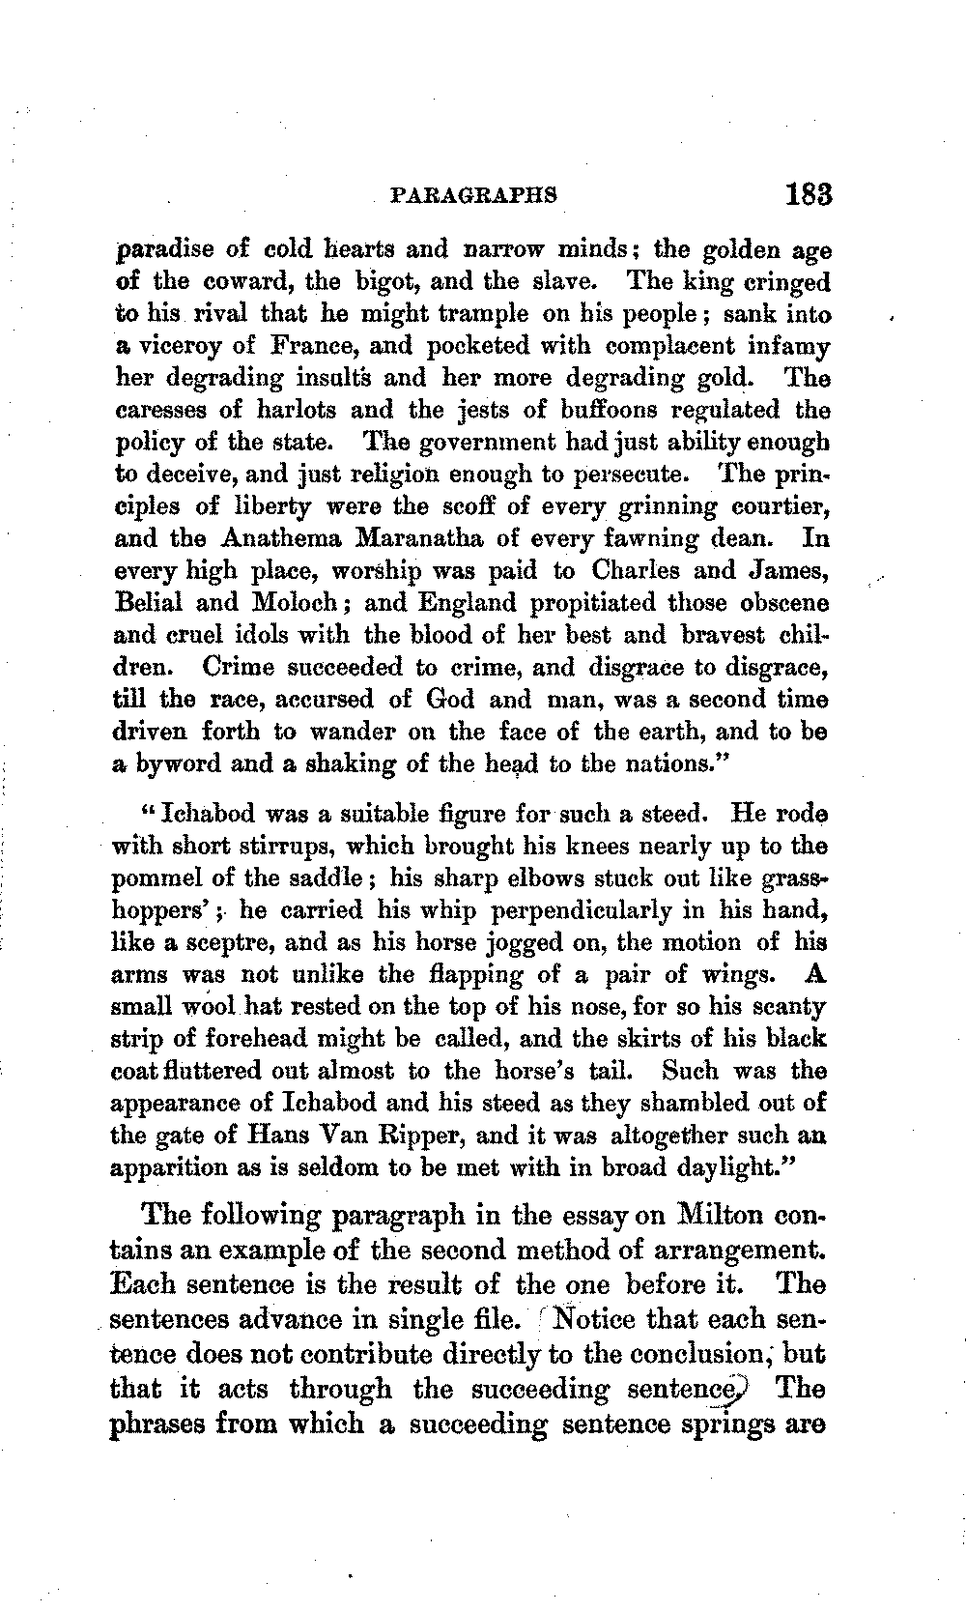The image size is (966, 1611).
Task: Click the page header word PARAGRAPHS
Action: coord(473,194)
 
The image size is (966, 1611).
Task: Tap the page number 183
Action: coord(808,193)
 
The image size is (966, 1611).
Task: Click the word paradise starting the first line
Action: coord(161,250)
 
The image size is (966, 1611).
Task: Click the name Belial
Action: coord(149,602)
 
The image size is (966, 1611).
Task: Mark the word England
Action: coord(468,602)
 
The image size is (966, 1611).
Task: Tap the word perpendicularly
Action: coord(582,910)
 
